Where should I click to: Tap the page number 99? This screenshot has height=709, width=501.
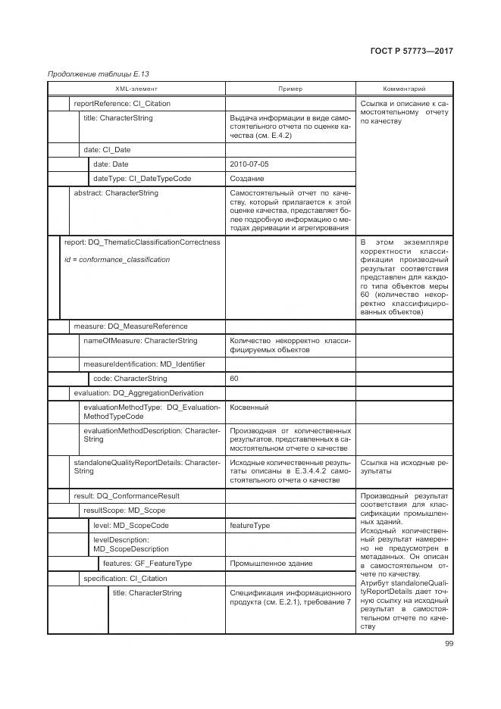coord(449,644)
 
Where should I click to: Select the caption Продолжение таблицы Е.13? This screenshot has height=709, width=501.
coord(99,73)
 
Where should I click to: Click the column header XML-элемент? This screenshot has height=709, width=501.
coord(137,89)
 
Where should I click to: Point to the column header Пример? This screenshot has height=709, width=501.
coord(290,89)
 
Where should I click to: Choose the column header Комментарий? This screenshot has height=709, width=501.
coord(404,89)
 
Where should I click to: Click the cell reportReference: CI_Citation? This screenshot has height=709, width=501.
coord(122,104)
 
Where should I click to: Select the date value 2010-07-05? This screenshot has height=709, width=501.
coord(249,164)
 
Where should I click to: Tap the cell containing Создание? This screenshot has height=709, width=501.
coord(247,179)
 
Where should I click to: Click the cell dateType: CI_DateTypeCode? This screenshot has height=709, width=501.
coord(142,179)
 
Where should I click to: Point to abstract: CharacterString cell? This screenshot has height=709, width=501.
coord(116,194)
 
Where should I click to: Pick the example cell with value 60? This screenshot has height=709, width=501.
coord(234,379)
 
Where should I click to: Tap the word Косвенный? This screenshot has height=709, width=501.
coord(249,408)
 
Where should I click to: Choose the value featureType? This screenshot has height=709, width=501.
coord(250,525)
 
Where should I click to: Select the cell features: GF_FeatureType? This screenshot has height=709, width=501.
coord(147,564)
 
